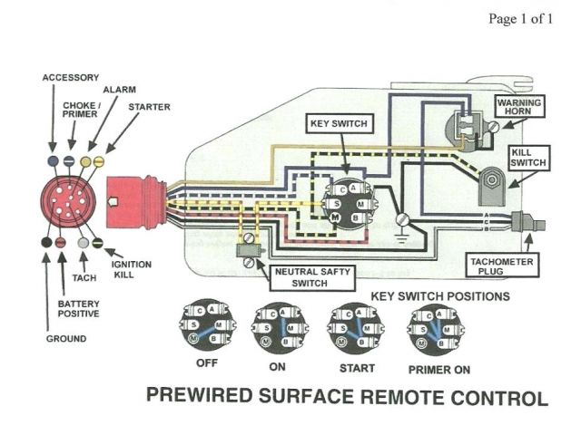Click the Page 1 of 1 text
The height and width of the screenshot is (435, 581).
tap(520, 18)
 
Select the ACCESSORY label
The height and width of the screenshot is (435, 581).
tap(71, 78)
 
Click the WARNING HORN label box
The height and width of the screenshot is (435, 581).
tap(519, 109)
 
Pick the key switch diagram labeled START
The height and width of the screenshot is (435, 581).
tap(352, 326)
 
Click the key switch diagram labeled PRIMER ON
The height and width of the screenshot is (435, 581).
tap(433, 327)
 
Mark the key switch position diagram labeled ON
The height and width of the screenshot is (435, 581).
tap(277, 326)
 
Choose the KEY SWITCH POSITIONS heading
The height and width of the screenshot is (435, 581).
tap(440, 296)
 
